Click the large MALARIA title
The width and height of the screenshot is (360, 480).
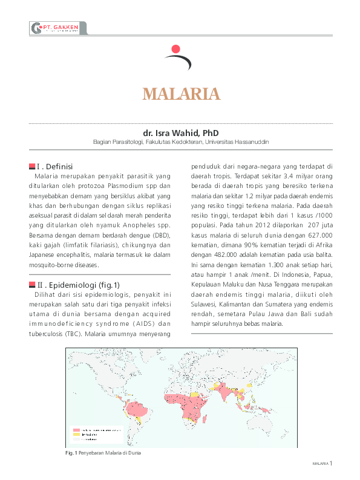[x=180, y=94]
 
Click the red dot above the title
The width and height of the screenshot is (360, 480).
[x=176, y=48]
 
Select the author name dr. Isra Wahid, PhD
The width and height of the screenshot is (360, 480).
[x=180, y=132]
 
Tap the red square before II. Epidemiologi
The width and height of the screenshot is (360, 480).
[x=31, y=284]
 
